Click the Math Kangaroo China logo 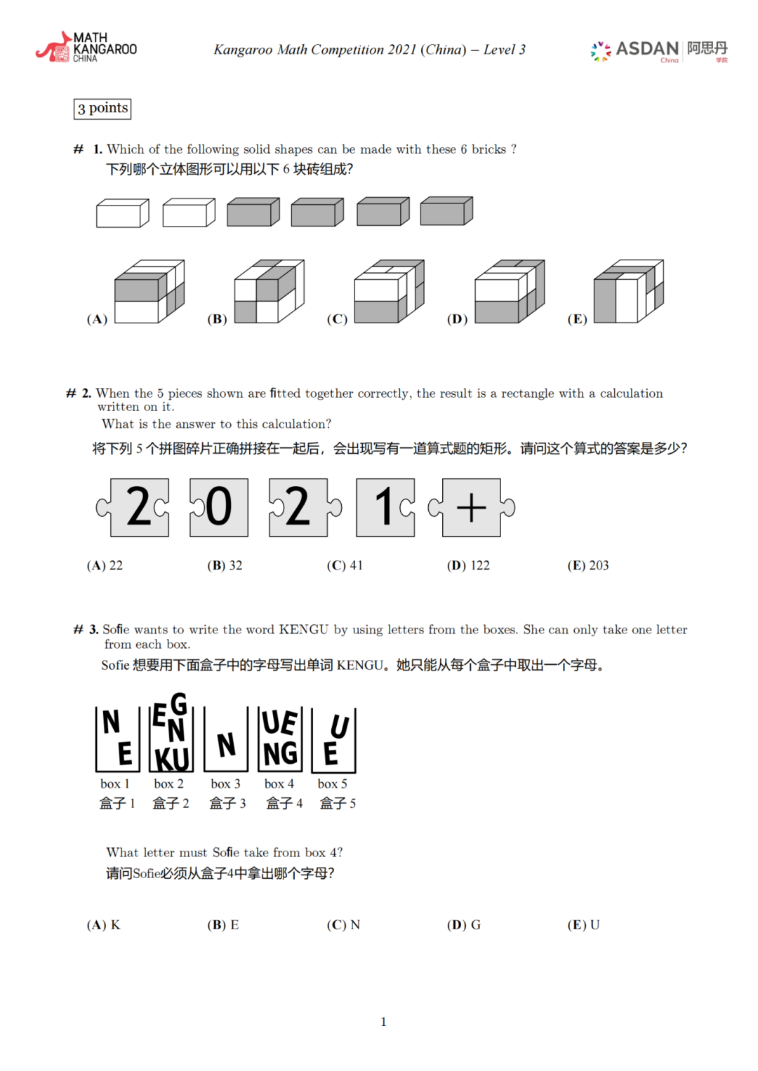coord(86,47)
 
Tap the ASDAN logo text coord(646,48)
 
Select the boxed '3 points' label coord(102,108)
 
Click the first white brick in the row coord(123,213)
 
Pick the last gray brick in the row coord(446,211)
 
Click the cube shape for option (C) coord(389,291)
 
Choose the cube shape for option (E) coord(628,291)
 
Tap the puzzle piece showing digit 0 coord(218,507)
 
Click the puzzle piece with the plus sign coord(472,507)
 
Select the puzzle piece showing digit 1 coord(385,507)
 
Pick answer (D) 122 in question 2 coord(468,565)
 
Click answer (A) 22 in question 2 coord(105,565)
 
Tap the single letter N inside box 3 coord(226,745)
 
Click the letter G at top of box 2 coord(180,703)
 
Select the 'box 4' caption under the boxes coord(279,783)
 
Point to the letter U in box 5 coord(340,727)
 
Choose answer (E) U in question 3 coord(583,924)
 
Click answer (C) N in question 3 coord(343,924)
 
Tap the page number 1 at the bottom coord(383,1021)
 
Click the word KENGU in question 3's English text coord(303,629)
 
